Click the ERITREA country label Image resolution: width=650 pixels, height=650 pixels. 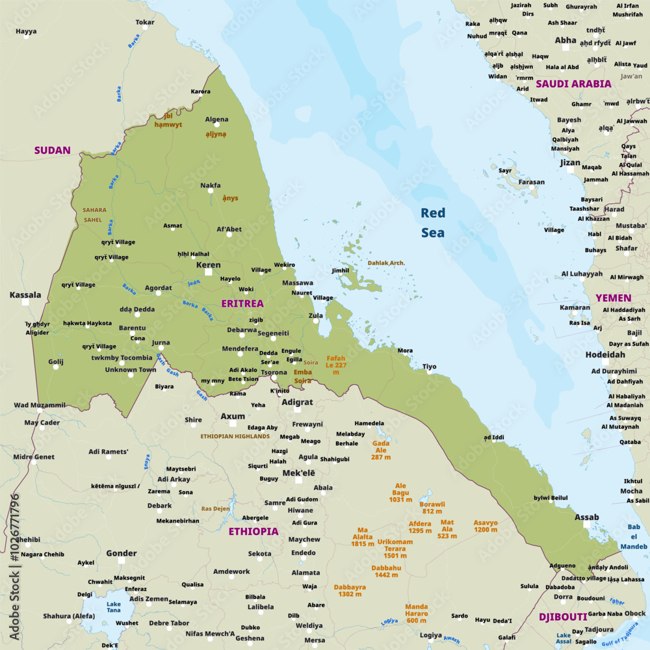point(242,304)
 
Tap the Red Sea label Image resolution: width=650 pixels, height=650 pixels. point(433,222)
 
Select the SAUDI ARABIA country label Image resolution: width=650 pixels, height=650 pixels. point(573,84)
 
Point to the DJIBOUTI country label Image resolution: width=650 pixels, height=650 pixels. point(563,617)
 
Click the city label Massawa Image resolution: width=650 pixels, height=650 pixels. point(297,283)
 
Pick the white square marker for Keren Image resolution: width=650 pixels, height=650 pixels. point(209,272)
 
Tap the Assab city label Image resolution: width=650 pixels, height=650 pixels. point(587,517)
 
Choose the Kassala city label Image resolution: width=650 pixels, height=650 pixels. point(25,295)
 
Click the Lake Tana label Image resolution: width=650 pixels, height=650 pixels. point(114,607)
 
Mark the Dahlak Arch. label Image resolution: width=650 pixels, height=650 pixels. point(386,263)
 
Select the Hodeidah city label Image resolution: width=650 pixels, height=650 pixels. point(605,355)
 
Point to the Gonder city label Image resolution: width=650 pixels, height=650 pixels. point(122,554)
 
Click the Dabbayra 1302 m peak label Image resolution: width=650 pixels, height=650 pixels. point(350,590)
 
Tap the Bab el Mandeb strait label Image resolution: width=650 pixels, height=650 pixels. point(634,537)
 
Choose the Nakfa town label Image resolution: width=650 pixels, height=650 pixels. point(210,185)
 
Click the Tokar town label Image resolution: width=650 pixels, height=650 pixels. point(145,22)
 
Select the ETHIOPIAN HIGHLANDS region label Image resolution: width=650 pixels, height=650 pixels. point(235,436)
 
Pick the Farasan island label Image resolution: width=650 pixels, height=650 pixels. point(532,182)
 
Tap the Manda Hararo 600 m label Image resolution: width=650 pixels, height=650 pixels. point(417,614)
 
